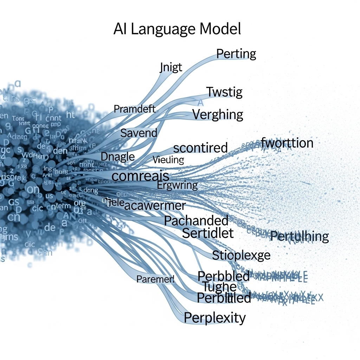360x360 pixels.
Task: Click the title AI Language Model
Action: point(177,29)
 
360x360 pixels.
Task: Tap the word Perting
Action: point(236,54)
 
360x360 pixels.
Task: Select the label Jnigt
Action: point(171,67)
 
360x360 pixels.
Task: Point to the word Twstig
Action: point(224,92)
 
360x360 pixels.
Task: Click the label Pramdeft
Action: point(135,109)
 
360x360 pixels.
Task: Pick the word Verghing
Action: point(218,115)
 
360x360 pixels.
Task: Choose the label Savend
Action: point(139,133)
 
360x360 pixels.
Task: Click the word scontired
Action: point(200,148)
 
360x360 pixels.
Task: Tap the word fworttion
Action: point(287,143)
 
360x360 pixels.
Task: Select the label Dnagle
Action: point(118,156)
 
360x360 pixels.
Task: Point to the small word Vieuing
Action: point(168,160)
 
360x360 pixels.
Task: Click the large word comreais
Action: point(140,175)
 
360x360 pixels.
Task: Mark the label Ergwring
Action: point(177,185)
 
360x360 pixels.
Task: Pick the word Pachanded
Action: point(196,221)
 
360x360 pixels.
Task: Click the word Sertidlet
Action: point(208,233)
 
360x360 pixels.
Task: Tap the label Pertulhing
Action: point(300,237)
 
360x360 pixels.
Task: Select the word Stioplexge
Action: point(241,255)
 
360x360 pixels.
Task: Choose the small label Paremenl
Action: point(155,279)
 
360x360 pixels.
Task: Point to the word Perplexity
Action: point(215,318)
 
